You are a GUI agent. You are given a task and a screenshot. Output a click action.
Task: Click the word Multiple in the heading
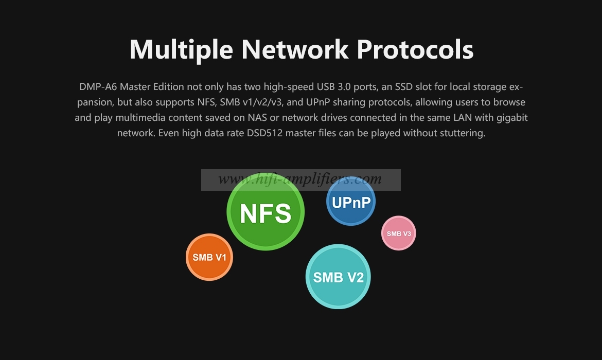[x=181, y=50]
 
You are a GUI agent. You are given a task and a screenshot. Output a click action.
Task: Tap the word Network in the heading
[x=295, y=49]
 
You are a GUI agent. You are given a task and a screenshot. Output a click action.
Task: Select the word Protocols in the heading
[x=415, y=49]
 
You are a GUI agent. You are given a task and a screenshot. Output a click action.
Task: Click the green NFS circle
[x=265, y=211]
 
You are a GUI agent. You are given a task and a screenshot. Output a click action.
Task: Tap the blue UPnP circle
[x=351, y=201]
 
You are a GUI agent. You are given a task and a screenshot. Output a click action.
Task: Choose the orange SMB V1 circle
[x=209, y=257]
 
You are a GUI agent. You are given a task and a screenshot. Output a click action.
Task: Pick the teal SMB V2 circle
[x=338, y=276]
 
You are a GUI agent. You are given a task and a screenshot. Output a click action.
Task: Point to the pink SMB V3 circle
[x=399, y=233]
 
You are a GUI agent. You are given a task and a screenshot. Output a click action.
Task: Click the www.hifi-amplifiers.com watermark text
[x=300, y=179]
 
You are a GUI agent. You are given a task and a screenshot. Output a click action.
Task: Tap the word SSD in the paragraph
[x=404, y=87]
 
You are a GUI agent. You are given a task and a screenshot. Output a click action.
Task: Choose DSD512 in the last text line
[x=264, y=133]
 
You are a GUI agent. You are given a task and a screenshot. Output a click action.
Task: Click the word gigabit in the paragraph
[x=512, y=118]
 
